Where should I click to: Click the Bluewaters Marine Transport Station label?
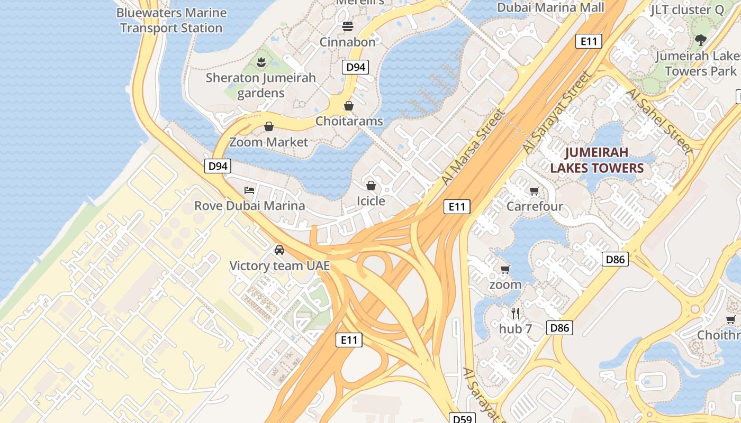click(x=171, y=20)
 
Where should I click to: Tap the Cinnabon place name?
click(x=348, y=42)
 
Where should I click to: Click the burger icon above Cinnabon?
click(x=348, y=26)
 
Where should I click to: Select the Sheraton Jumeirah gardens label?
click(x=260, y=85)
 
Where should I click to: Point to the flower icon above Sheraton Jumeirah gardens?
click(x=260, y=63)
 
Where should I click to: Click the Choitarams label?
click(x=349, y=121)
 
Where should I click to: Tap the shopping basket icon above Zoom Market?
click(x=269, y=126)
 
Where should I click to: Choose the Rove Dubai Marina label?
click(x=250, y=206)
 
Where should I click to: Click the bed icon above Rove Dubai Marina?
click(x=249, y=190)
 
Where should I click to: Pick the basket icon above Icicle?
click(x=371, y=186)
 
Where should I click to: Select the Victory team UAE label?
click(x=279, y=265)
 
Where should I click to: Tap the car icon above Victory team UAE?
click(x=279, y=250)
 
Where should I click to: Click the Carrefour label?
click(x=535, y=206)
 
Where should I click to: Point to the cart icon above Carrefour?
click(x=535, y=191)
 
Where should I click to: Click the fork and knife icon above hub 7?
click(x=516, y=314)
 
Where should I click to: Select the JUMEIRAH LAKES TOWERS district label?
click(x=597, y=160)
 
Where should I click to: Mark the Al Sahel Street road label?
click(x=659, y=121)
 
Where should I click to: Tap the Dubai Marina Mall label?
click(x=550, y=7)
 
